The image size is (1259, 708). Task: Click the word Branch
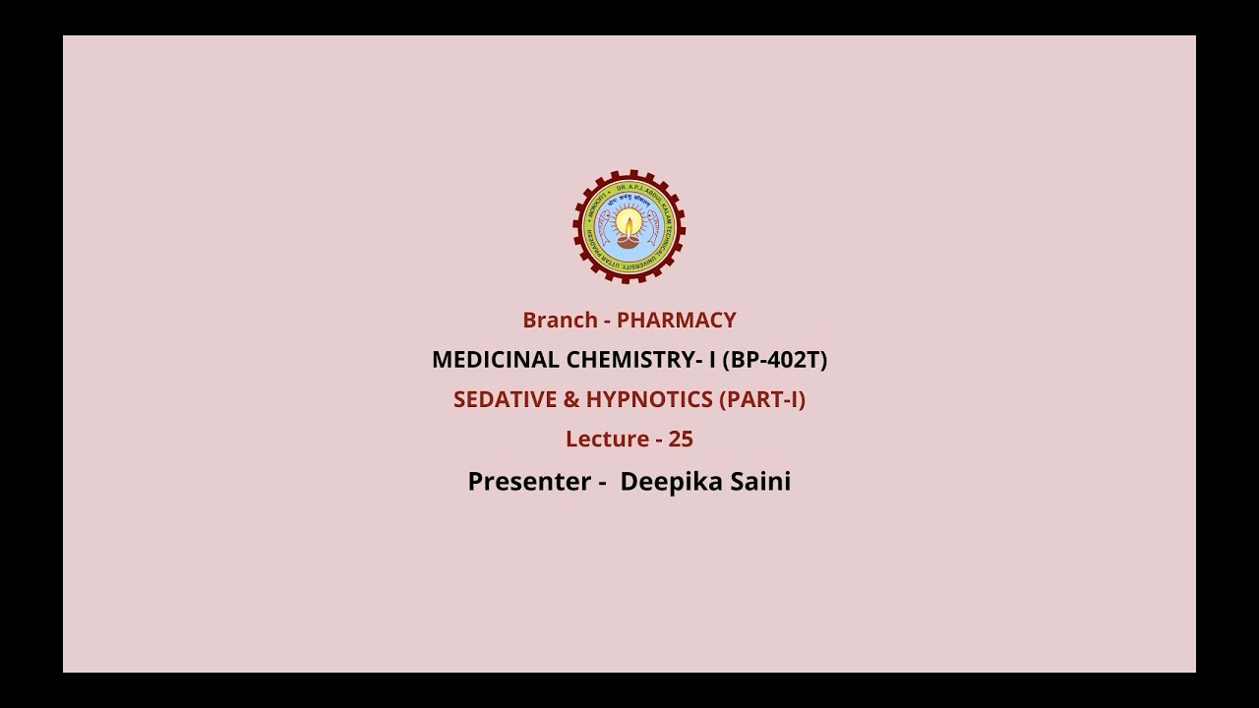click(x=560, y=321)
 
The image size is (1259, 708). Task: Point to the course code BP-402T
click(x=775, y=360)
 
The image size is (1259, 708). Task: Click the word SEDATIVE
click(x=499, y=400)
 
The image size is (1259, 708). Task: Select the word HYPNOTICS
click(x=650, y=400)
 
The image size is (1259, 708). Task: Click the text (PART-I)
click(x=763, y=400)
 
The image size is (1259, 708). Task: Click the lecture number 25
click(x=681, y=440)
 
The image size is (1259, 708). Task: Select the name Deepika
click(x=669, y=482)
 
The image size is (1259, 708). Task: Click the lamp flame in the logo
click(x=629, y=225)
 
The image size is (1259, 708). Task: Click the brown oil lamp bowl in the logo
click(x=629, y=239)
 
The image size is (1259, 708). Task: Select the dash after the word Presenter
click(x=600, y=483)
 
